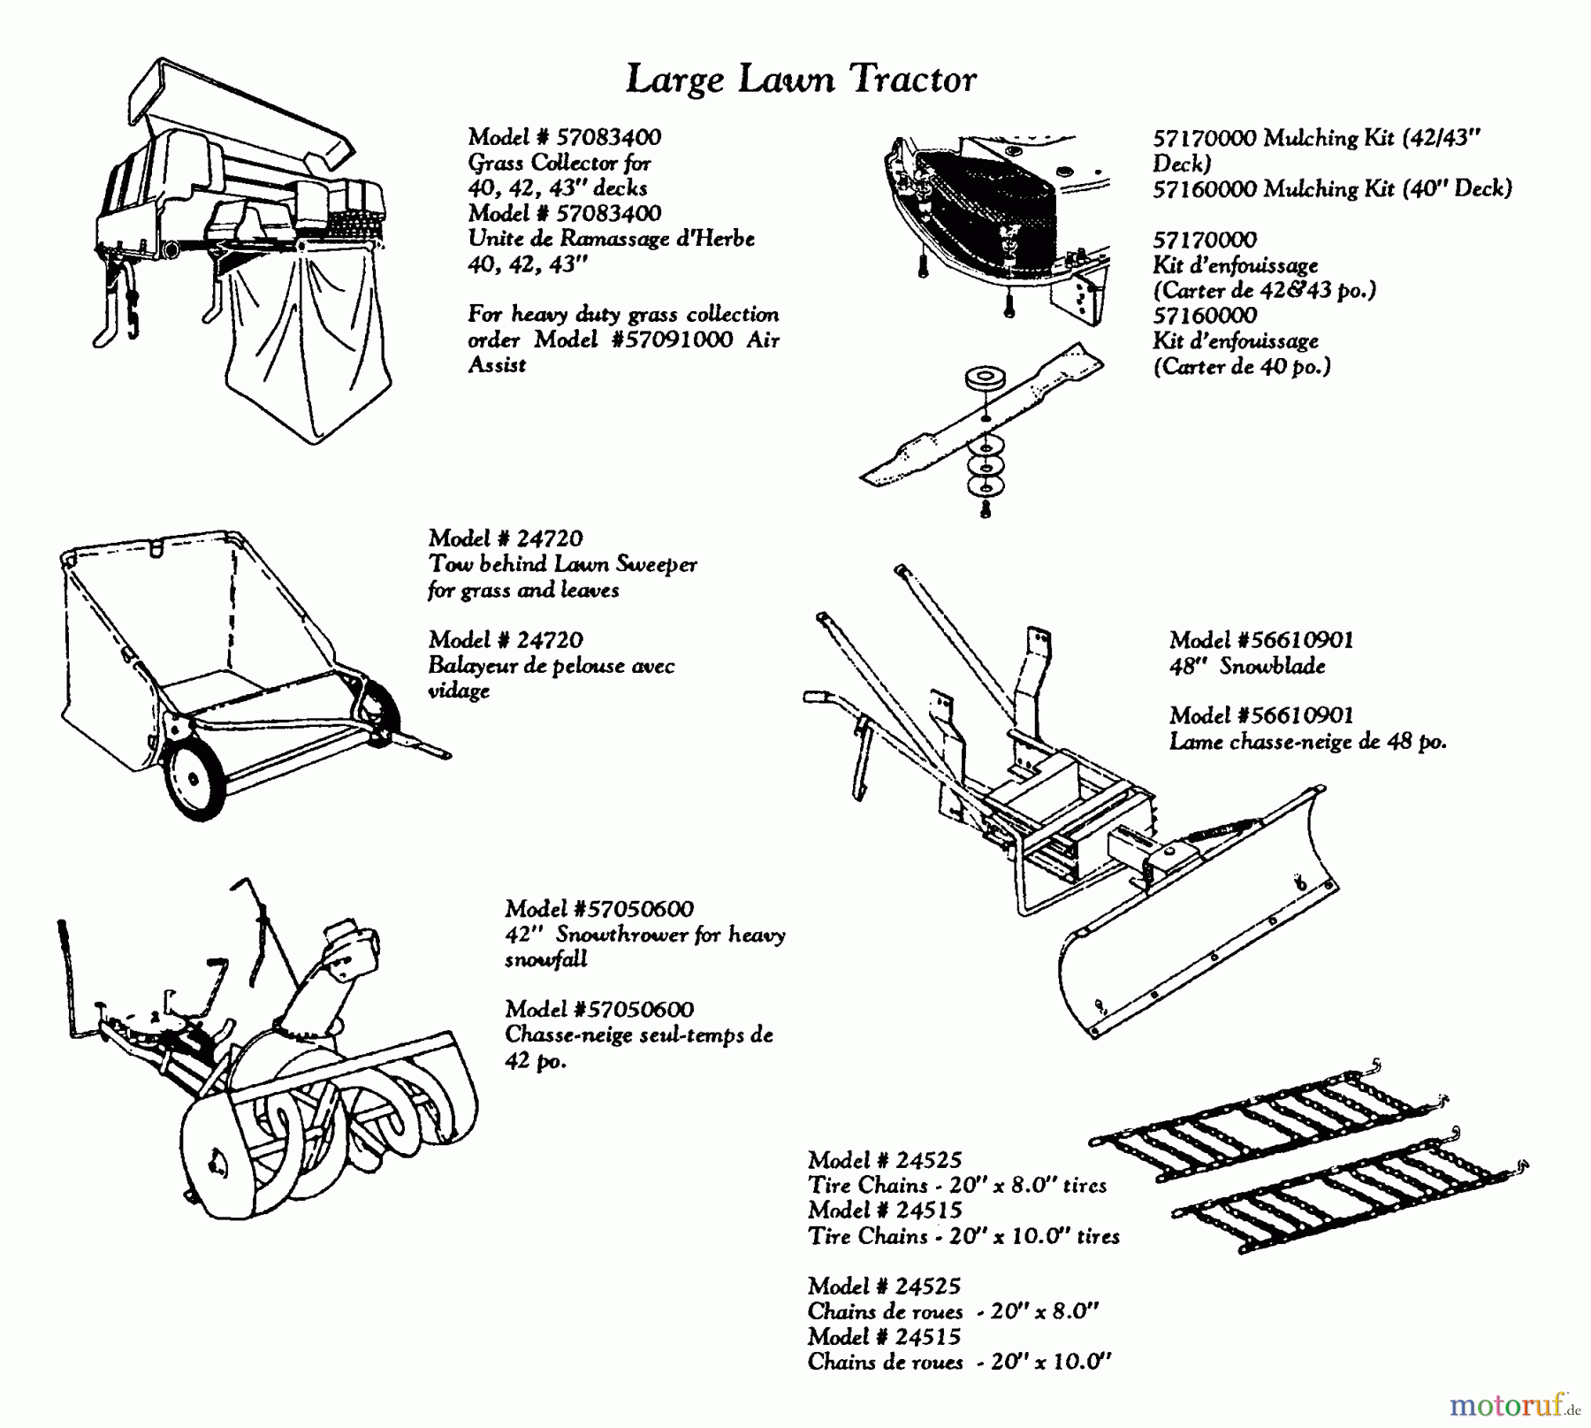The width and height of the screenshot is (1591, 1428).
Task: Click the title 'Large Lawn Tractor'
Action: point(801,80)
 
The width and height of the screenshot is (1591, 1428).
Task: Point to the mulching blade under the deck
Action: point(981,416)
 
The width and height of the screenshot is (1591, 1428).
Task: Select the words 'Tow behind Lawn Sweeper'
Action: point(563,564)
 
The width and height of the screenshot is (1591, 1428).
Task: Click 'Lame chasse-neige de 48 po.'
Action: point(1307,742)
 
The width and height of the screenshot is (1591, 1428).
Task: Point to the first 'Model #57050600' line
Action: point(599,909)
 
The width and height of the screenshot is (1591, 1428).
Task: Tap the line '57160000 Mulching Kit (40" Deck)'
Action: point(1332,189)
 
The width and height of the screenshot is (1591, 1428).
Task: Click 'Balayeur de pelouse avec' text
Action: point(552,666)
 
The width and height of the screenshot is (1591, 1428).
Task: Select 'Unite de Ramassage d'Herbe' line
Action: point(612,239)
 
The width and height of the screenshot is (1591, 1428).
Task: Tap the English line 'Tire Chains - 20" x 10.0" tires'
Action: point(963,1236)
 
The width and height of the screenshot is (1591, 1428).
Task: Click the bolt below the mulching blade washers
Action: point(986,508)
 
